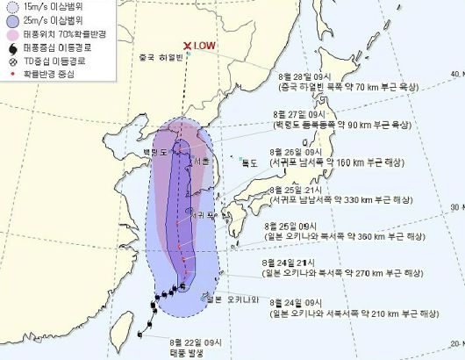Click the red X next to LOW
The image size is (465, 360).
coord(188,47)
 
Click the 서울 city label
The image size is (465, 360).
coord(201,161)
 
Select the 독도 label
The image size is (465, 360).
coord(251,162)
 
